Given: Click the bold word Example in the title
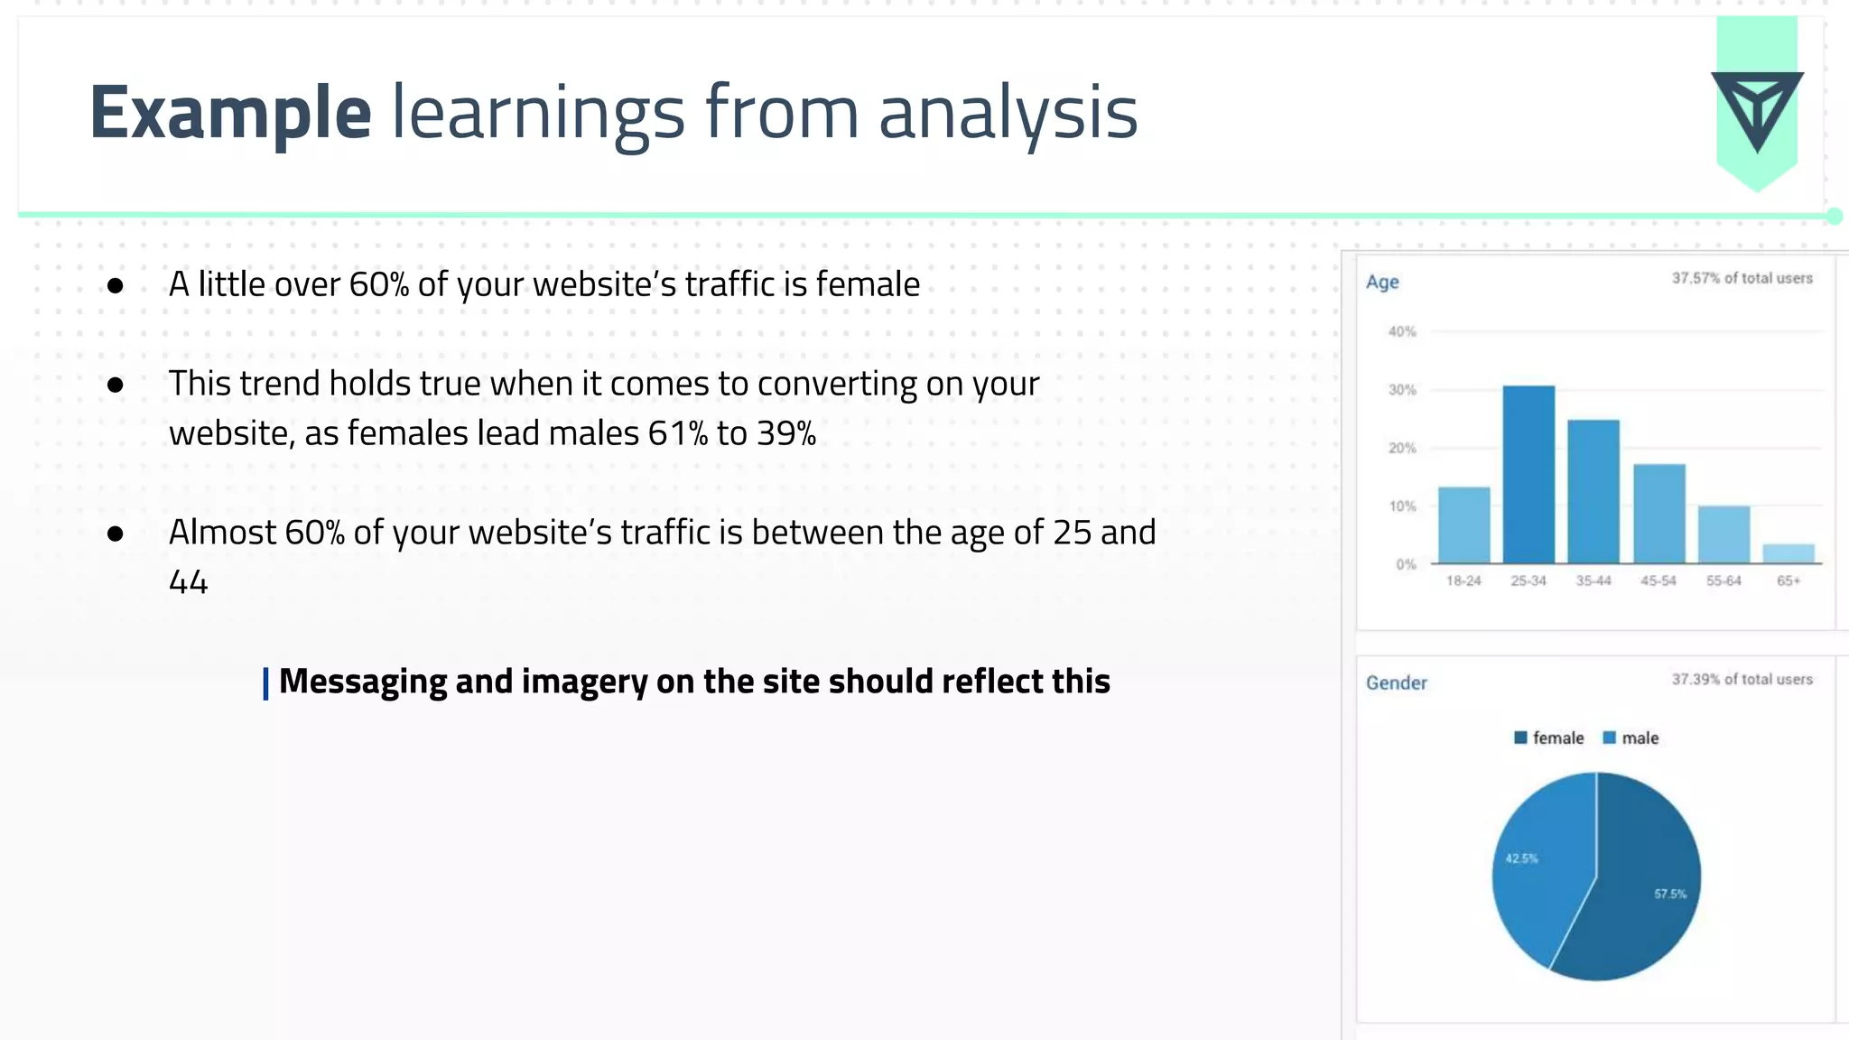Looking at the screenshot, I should pos(230,113).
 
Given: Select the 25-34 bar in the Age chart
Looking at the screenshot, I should pos(1528,474).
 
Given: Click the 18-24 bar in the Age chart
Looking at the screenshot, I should pos(1463,525).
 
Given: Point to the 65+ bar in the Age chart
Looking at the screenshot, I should pos(1788,553).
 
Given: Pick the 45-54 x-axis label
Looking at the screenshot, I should pos(1658,580).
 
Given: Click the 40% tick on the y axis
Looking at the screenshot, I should pos(1402,331).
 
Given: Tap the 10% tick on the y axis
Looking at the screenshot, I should pos(1402,506).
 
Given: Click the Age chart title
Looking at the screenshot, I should pos(1382,282).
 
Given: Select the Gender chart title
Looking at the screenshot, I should pos(1396,682).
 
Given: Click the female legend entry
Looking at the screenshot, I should pos(1549,738).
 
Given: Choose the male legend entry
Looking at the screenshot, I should pos(1631,738).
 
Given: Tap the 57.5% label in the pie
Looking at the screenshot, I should pos(1669,894).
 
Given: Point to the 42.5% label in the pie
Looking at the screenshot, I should pos(1521,859).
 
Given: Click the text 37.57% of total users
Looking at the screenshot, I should pos(1742,278).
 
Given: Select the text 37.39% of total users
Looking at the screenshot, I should pos(1742,679).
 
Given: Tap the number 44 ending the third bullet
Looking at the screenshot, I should pos(188,582).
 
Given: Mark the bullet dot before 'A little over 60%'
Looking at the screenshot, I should pos(115,286).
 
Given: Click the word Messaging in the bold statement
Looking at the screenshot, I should pos(362,682).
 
